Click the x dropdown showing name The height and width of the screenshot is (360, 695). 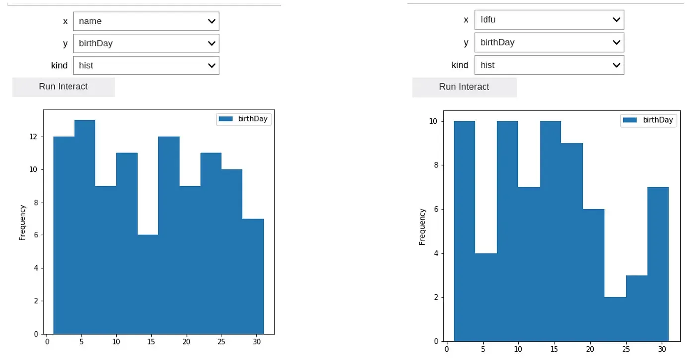click(146, 21)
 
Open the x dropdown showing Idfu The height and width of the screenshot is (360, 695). click(549, 20)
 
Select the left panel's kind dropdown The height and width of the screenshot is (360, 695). click(146, 65)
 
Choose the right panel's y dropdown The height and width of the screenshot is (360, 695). click(549, 42)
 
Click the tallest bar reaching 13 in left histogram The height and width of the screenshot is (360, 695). click(85, 226)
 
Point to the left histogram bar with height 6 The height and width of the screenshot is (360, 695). click(148, 284)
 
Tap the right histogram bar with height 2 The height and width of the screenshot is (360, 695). click(615, 319)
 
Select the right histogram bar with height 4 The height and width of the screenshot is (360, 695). click(486, 297)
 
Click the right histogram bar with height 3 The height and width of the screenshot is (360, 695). click(637, 308)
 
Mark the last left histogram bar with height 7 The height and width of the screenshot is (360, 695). click(253, 276)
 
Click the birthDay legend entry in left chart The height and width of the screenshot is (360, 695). click(244, 119)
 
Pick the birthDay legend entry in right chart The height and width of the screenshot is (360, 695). click(648, 120)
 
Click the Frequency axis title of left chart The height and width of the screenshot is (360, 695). click(22, 222)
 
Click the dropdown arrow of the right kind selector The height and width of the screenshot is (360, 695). click(616, 65)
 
